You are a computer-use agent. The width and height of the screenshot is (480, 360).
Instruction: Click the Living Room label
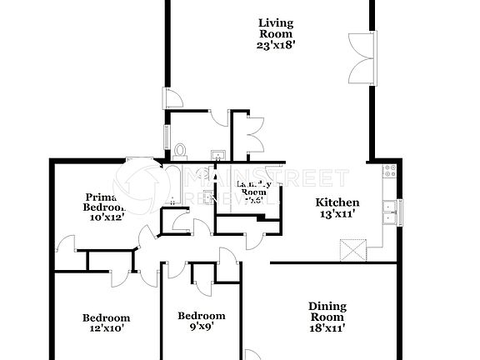pos(275,28)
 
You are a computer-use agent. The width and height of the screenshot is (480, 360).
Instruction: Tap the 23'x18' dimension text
pos(275,47)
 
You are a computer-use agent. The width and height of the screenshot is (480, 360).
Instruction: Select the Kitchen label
pos(337,202)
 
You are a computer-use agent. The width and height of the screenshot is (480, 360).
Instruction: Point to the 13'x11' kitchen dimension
pos(337,214)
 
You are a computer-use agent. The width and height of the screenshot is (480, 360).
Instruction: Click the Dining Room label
pos(327,312)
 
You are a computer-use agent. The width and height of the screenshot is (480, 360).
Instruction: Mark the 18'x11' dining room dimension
pos(327,328)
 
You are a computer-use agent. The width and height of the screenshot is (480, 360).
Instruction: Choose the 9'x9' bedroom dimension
pos(202,328)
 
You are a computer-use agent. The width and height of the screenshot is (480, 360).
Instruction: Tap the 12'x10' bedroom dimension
pos(106,329)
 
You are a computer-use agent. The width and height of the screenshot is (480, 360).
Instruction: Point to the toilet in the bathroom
pos(180,151)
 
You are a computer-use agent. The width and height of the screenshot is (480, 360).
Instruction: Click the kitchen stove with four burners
pos(387,172)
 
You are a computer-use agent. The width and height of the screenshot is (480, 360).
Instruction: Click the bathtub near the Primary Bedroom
pos(172,183)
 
